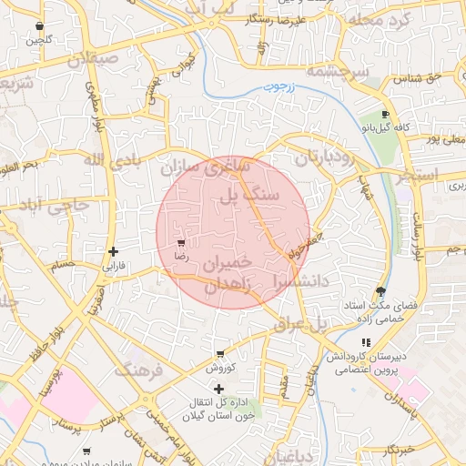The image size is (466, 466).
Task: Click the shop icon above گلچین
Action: pyautogui.click(x=38, y=26)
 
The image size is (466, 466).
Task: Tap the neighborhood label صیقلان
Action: pyautogui.click(x=92, y=58)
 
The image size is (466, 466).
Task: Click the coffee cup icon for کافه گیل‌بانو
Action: pyautogui.click(x=385, y=115)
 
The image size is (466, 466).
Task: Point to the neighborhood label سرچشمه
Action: pyautogui.click(x=336, y=71)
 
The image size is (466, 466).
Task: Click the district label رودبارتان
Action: pyautogui.click(x=318, y=157)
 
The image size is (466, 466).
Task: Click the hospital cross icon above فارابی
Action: pyautogui.click(x=112, y=251)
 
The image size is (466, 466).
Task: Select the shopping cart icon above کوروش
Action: pyautogui.click(x=219, y=353)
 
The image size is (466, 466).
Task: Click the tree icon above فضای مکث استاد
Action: pyautogui.click(x=380, y=292)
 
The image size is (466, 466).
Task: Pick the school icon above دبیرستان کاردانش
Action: pyautogui.click(x=365, y=340)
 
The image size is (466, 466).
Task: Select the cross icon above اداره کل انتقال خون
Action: pyautogui.click(x=218, y=389)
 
